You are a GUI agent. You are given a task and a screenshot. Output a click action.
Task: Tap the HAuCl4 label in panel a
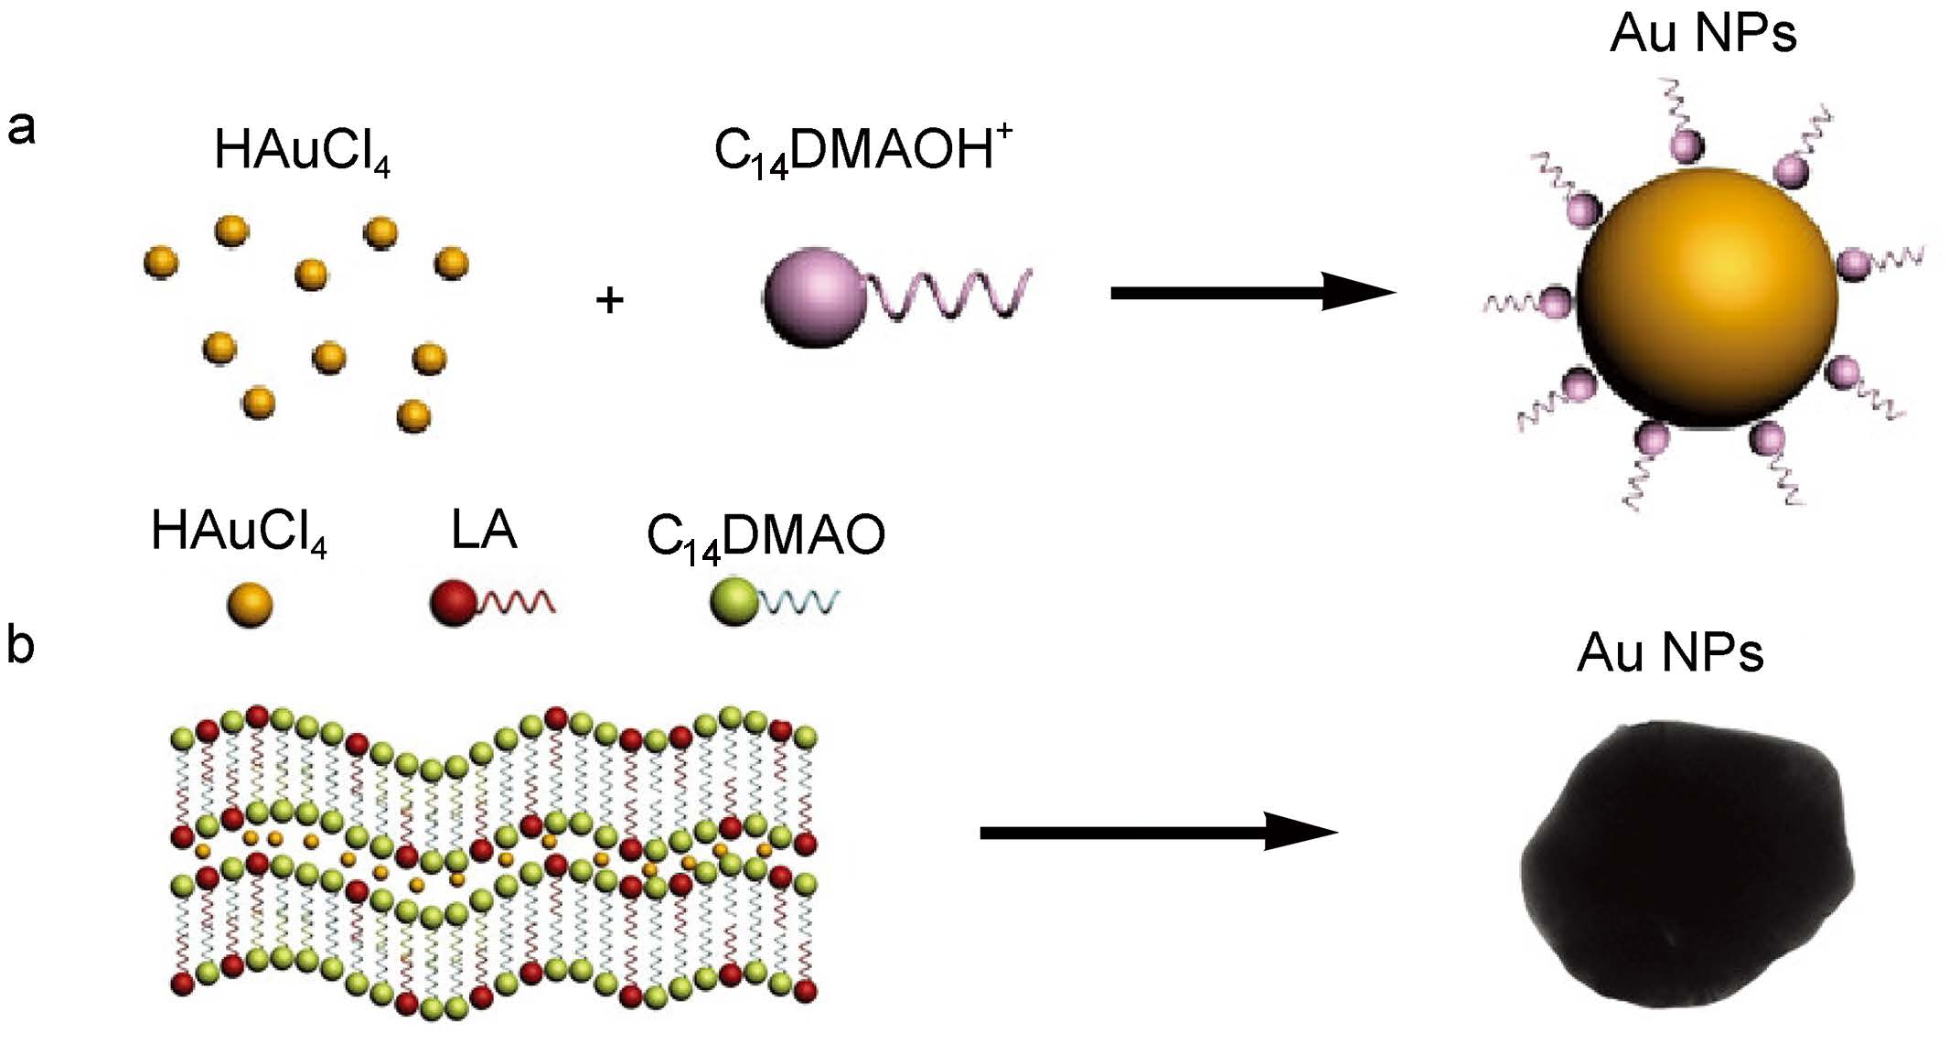coord(302,151)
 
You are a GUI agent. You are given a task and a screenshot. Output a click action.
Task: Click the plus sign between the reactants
coord(609,299)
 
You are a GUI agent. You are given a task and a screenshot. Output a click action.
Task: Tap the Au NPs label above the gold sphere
coord(1703,34)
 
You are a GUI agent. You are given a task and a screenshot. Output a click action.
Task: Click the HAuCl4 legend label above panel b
coord(238,532)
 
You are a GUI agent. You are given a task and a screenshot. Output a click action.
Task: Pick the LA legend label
coord(484,530)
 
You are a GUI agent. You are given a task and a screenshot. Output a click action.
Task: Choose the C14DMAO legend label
coord(766,536)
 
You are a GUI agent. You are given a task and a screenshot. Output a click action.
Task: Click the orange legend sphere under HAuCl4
coord(250,605)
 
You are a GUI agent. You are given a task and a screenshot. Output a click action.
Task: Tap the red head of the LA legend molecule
coord(453,604)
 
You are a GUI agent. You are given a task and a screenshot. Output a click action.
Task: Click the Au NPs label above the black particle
coord(1670,654)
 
